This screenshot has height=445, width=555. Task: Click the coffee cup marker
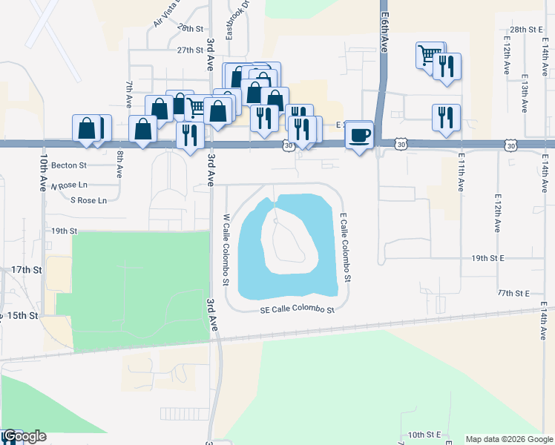coord(360,135)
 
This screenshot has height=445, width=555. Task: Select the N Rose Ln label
coord(69,184)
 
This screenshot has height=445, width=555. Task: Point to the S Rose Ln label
coord(88,200)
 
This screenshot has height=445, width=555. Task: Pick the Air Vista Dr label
coord(168,14)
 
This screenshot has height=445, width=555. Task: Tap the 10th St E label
coord(424,434)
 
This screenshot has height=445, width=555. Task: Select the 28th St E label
coord(528,29)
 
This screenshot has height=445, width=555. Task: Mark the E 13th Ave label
coord(525,93)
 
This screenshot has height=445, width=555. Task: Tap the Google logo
coord(24,436)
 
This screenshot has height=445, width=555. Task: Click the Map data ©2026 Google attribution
coord(508,439)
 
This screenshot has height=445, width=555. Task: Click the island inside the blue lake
coord(290,241)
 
